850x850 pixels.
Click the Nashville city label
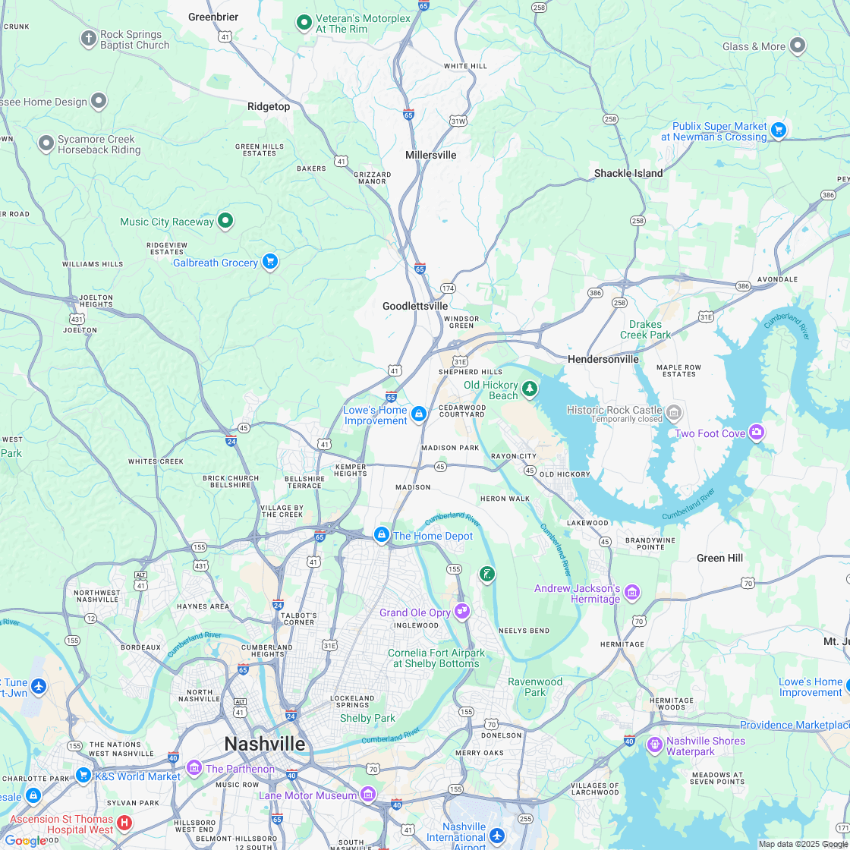[x=264, y=743]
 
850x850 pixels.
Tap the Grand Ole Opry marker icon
[x=462, y=611]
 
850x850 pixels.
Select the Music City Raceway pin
[x=225, y=221]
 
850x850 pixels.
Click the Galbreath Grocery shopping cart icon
[x=269, y=262]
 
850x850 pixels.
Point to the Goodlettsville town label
[x=415, y=306]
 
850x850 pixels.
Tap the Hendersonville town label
[x=603, y=359]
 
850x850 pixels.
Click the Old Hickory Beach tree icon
[x=530, y=389]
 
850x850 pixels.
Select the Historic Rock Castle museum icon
[x=674, y=413]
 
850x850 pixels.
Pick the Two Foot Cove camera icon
[x=756, y=432]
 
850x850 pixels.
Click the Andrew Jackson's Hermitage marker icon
[x=632, y=592]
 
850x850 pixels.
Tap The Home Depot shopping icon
[x=382, y=535]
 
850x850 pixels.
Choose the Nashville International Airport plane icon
[x=497, y=835]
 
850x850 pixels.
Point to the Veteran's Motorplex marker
[x=304, y=22]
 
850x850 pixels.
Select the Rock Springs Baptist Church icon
[x=88, y=37]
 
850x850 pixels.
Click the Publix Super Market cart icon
[x=778, y=130]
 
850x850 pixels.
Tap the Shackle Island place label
[x=628, y=173]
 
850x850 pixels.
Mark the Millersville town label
[x=431, y=155]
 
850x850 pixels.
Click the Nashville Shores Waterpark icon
[x=654, y=745]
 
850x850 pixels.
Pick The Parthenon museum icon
[x=194, y=768]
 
